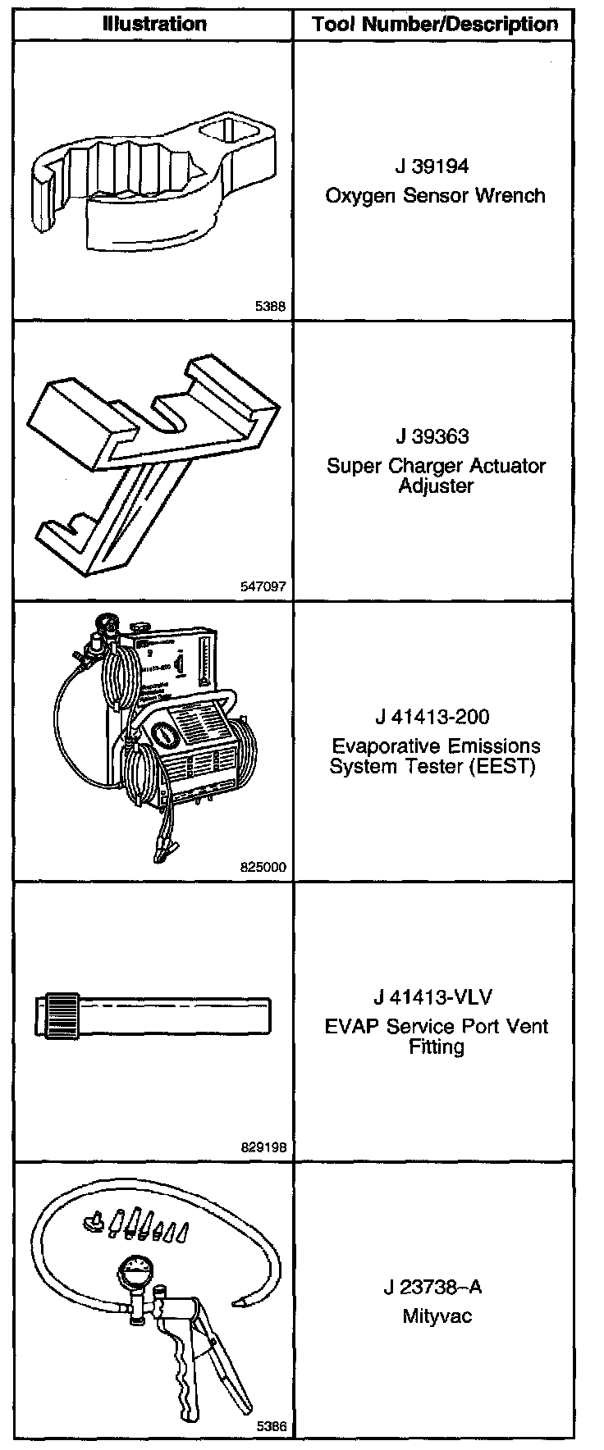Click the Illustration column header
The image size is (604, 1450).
click(153, 24)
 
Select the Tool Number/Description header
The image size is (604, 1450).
click(435, 25)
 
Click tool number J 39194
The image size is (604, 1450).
click(432, 166)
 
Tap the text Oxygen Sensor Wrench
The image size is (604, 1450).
click(435, 195)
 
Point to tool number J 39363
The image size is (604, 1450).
click(432, 437)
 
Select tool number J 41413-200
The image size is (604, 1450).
click(432, 717)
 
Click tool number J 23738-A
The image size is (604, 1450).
click(432, 1287)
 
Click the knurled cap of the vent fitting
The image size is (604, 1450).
click(59, 1015)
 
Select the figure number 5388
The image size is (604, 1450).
click(270, 307)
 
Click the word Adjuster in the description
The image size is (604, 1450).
click(436, 486)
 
